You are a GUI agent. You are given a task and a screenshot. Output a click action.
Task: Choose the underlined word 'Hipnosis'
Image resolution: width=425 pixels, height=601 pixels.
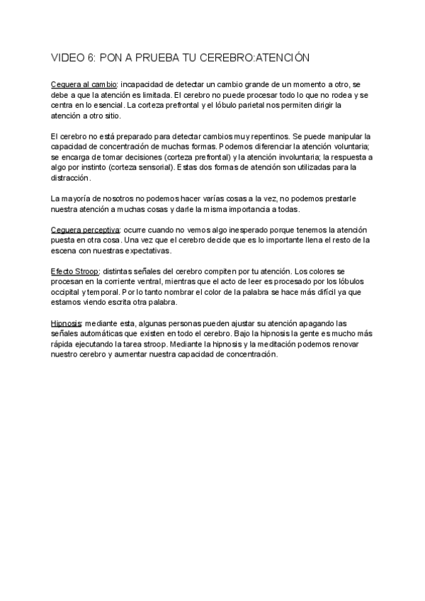pyautogui.click(x=66, y=323)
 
